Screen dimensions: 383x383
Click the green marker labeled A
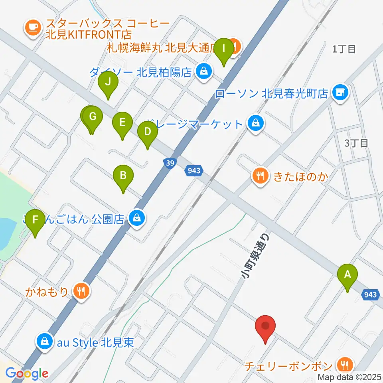[347, 274]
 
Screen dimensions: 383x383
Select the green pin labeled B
[123, 175]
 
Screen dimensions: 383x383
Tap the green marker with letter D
[147, 131]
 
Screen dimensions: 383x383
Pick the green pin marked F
[36, 219]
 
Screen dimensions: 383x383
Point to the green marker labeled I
[223, 49]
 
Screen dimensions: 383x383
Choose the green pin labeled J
[108, 82]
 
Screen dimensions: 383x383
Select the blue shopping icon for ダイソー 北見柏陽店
[204, 72]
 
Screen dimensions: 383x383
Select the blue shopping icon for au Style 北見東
[43, 342]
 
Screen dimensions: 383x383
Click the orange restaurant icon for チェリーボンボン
[343, 365]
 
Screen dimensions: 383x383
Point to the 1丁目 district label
[344, 49]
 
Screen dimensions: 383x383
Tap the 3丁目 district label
[356, 143]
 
